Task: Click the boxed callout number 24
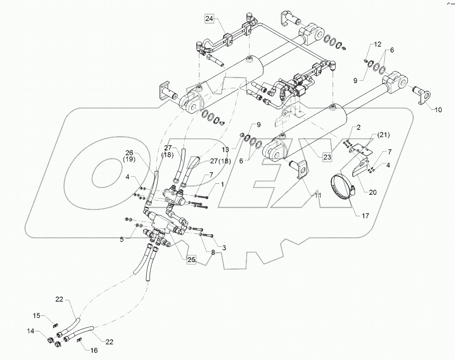[209, 19]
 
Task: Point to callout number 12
[378, 44]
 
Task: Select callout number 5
[122, 239]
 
